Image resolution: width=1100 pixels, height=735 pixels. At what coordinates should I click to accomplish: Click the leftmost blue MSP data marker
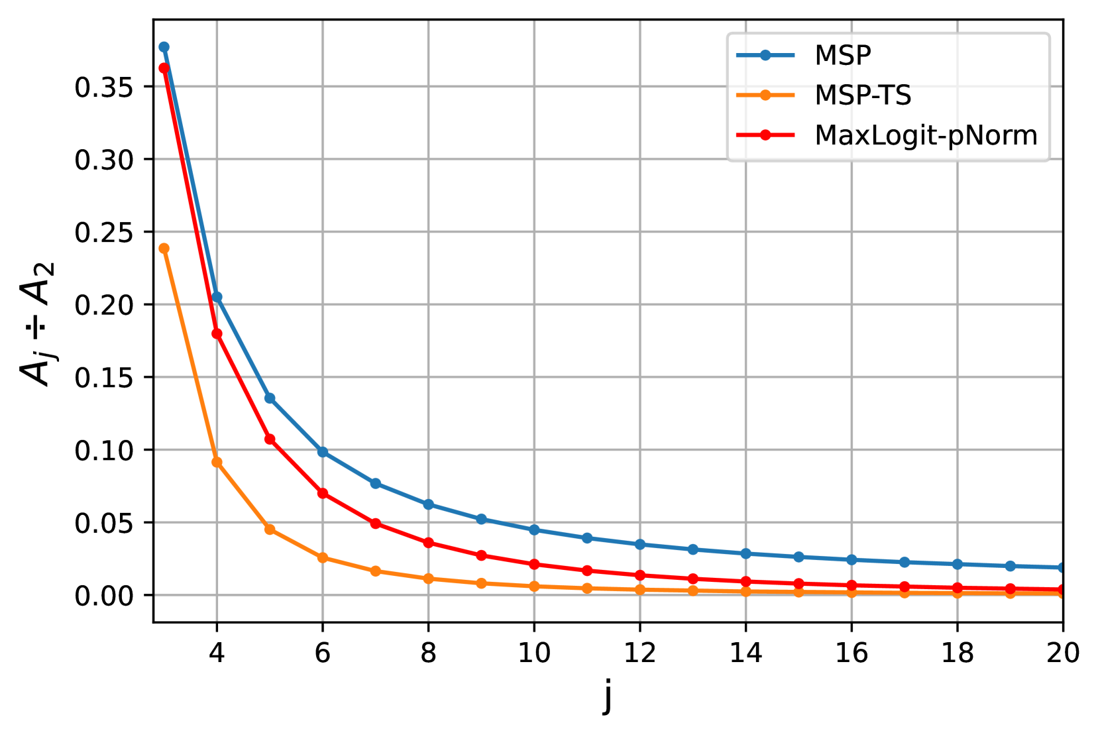pyautogui.click(x=164, y=47)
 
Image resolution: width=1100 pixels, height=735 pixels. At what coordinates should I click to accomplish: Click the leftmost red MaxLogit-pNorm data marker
pyautogui.click(x=164, y=68)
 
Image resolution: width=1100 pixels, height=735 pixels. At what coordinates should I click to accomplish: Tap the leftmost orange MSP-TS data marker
pyautogui.click(x=164, y=249)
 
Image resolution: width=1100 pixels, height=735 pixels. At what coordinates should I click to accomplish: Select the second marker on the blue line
pyautogui.click(x=217, y=297)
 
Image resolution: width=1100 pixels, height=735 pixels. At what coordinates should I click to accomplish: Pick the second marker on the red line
pyautogui.click(x=217, y=333)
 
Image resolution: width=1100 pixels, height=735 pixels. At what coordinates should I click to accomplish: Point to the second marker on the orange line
pyautogui.click(x=217, y=462)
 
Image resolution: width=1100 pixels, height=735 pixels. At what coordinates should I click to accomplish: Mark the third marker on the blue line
pyautogui.click(x=270, y=398)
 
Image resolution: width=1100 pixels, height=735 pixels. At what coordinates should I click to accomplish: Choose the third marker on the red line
pyautogui.click(x=270, y=439)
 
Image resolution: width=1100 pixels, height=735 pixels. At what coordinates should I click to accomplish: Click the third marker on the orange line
pyautogui.click(x=270, y=529)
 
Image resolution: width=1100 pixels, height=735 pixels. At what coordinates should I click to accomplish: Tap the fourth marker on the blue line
pyautogui.click(x=323, y=452)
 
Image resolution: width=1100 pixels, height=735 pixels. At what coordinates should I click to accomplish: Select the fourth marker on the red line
pyautogui.click(x=323, y=493)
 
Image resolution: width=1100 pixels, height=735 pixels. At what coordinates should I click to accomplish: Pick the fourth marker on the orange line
pyautogui.click(x=323, y=557)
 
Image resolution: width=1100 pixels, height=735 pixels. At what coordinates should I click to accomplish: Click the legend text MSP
pyautogui.click(x=842, y=56)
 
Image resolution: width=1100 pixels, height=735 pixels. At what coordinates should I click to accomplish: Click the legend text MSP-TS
pyautogui.click(x=862, y=96)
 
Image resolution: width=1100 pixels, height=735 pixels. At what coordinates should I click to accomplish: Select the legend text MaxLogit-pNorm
pyautogui.click(x=925, y=136)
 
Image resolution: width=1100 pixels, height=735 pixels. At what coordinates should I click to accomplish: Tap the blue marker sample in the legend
pyautogui.click(x=765, y=55)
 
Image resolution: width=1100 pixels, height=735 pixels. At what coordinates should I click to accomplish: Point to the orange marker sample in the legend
pyautogui.click(x=765, y=95)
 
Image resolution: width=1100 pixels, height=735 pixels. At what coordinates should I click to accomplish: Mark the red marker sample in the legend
pyautogui.click(x=765, y=135)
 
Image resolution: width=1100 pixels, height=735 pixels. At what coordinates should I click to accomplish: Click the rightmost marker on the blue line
pyautogui.click(x=1061, y=567)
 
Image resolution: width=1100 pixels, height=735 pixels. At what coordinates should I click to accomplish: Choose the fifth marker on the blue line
pyautogui.click(x=376, y=483)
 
